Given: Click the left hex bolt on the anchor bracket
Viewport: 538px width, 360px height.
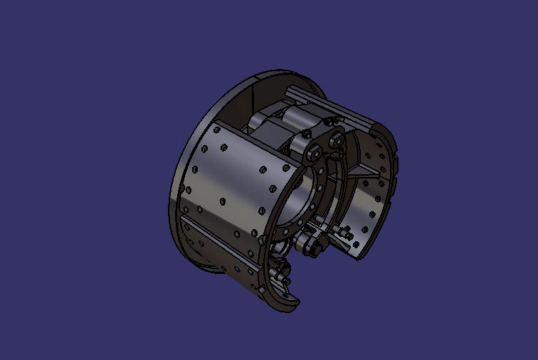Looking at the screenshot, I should (314, 153).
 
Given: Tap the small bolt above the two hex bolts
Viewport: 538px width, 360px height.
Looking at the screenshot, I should (305, 133).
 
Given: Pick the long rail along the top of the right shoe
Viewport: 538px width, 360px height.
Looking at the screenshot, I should (334, 106).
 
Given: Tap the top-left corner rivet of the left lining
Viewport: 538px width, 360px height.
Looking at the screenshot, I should (206, 149).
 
